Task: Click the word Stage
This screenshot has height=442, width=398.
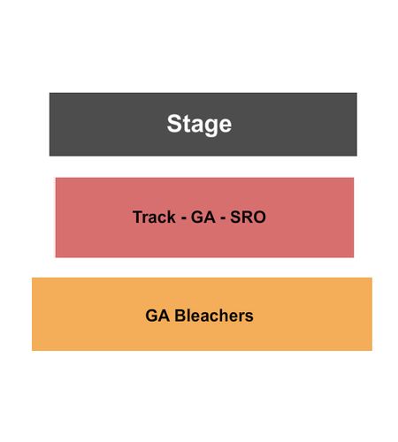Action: coord(199,125)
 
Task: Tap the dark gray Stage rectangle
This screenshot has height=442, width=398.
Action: coord(203,125)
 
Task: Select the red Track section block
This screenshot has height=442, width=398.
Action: coord(204,217)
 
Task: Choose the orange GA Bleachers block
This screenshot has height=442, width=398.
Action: coord(202,314)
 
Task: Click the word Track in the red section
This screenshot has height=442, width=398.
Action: coord(154,217)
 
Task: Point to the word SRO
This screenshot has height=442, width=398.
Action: coord(248,217)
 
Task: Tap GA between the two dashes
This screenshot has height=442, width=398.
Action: coord(203,217)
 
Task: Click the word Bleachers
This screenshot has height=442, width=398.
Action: coord(214,316)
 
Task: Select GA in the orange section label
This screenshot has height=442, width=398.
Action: coord(157,316)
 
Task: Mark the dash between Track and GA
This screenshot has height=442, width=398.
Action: coord(183,218)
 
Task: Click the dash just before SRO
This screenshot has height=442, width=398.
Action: coord(223,218)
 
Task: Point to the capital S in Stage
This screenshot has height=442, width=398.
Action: coord(173,124)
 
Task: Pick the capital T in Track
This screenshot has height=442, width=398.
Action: coord(138,217)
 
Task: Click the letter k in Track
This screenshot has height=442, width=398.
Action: coord(172,217)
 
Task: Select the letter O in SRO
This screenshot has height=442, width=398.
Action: coord(260,217)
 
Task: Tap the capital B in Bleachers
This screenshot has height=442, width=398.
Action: coord(180,316)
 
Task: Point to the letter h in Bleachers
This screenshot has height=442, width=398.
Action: coord(226,316)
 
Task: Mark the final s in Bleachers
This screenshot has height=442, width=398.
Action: coord(249,317)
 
